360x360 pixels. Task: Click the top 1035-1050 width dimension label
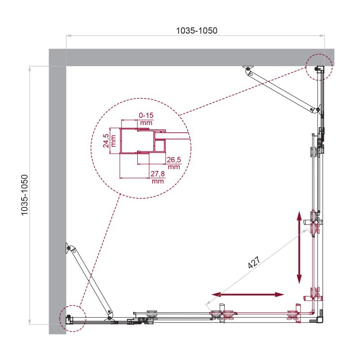point(197,31)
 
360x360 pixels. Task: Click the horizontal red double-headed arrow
point(247,295)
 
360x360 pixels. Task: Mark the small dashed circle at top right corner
point(319,67)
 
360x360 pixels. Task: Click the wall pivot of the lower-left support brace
point(68,248)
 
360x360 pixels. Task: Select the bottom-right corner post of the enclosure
point(320,318)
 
